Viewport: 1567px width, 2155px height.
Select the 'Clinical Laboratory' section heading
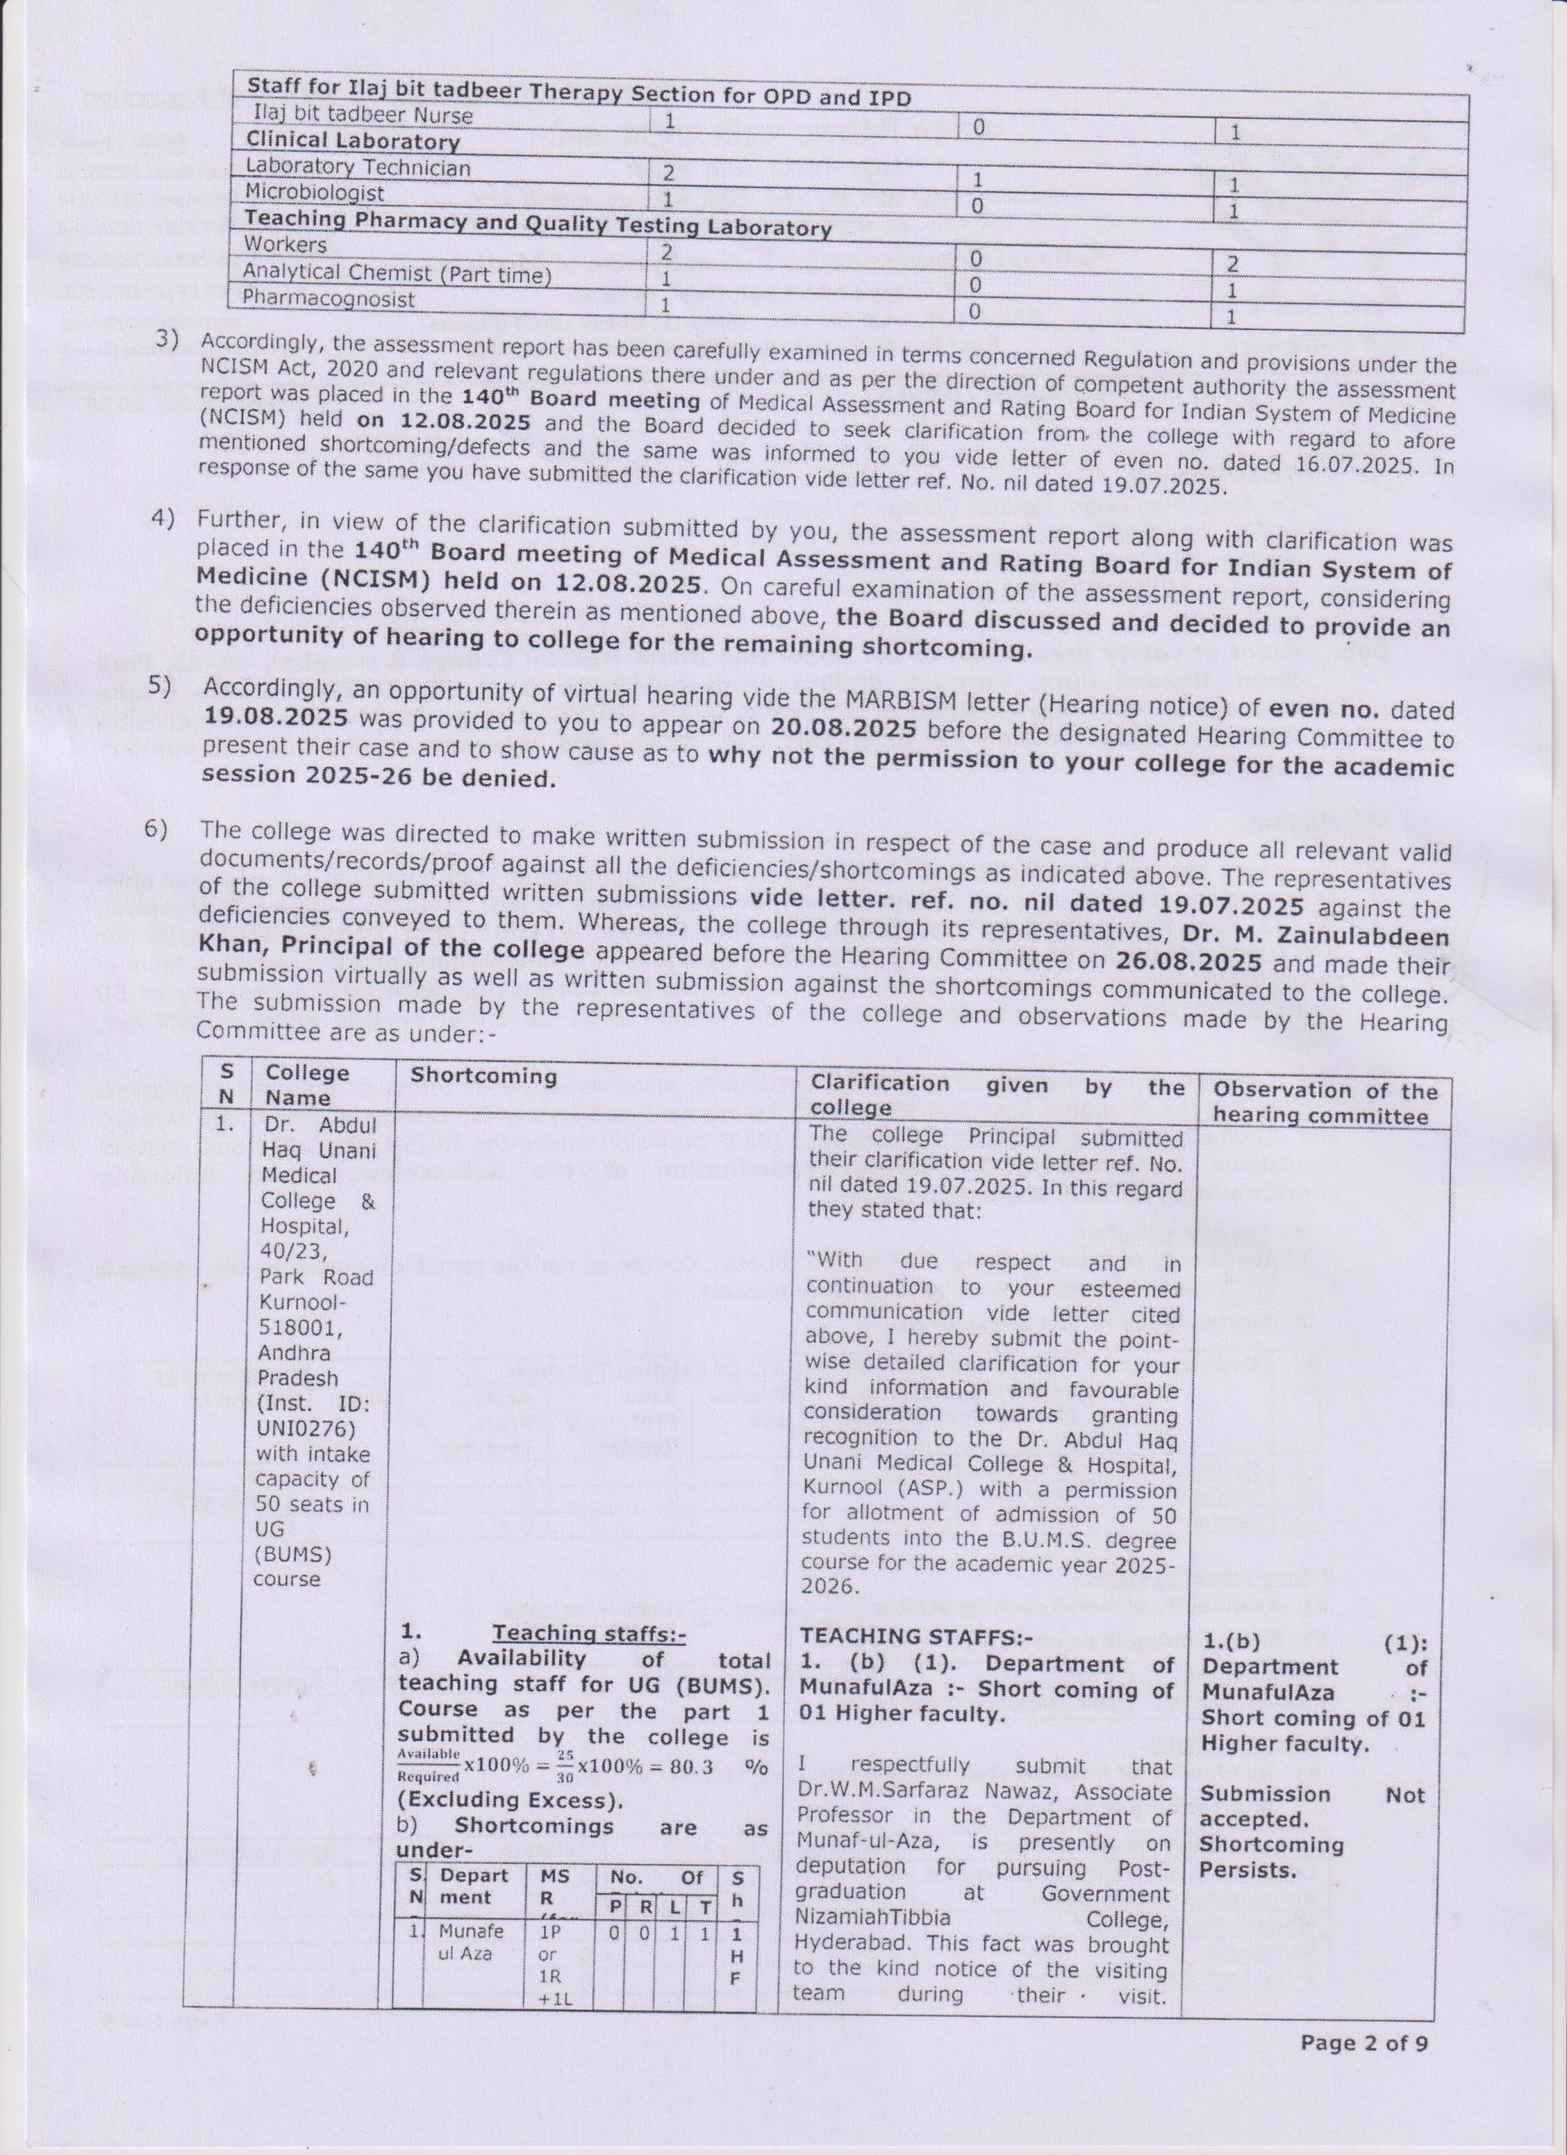352,141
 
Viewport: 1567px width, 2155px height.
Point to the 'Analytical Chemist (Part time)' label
397,274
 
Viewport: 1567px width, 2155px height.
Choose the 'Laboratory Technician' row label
357,168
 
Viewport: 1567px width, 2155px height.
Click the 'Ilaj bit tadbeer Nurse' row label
362,116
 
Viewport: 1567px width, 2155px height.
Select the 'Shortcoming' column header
482,1077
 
